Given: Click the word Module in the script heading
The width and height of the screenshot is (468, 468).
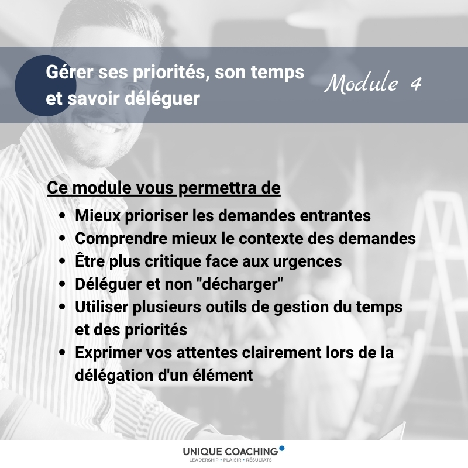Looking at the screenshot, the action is (362, 82).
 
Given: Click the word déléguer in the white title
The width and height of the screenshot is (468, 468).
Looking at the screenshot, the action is (162, 98).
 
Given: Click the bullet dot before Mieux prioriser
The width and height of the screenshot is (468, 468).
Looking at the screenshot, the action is (62, 215).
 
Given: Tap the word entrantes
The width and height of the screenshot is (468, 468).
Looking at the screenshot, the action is (335, 215).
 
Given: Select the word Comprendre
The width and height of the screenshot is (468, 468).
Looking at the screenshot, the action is (121, 239).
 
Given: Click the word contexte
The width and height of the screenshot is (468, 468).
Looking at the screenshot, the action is (271, 239).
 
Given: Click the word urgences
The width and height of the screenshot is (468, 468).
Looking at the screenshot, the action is (308, 261).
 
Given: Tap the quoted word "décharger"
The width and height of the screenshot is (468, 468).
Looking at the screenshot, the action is (240, 283).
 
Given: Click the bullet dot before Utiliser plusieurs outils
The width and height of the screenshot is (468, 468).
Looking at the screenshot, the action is (62, 307).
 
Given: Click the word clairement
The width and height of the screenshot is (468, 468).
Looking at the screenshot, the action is (281, 353).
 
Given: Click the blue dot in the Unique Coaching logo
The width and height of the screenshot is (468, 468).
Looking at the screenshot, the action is (281, 448).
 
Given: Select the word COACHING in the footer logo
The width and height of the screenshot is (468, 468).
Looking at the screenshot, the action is (252, 451).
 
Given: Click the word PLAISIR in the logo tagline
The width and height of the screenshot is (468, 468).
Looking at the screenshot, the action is (232, 460).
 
